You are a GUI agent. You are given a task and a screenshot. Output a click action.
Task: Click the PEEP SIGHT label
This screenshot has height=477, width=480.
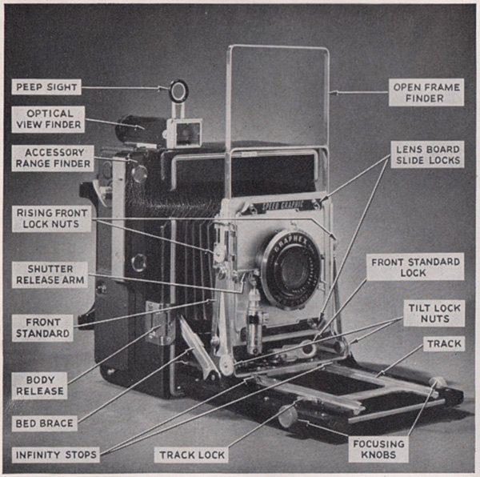(x=48, y=86)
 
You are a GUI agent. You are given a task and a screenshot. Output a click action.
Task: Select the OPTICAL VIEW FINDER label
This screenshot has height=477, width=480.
(x=48, y=119)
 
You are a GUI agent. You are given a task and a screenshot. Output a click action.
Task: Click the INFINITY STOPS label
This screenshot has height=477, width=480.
(x=56, y=455)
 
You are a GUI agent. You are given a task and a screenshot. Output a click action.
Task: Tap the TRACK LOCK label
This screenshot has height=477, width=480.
(x=191, y=455)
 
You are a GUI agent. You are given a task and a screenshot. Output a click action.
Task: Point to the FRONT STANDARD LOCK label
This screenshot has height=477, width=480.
(x=416, y=267)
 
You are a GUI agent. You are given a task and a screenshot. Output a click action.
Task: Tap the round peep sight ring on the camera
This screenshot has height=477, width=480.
(x=178, y=91)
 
